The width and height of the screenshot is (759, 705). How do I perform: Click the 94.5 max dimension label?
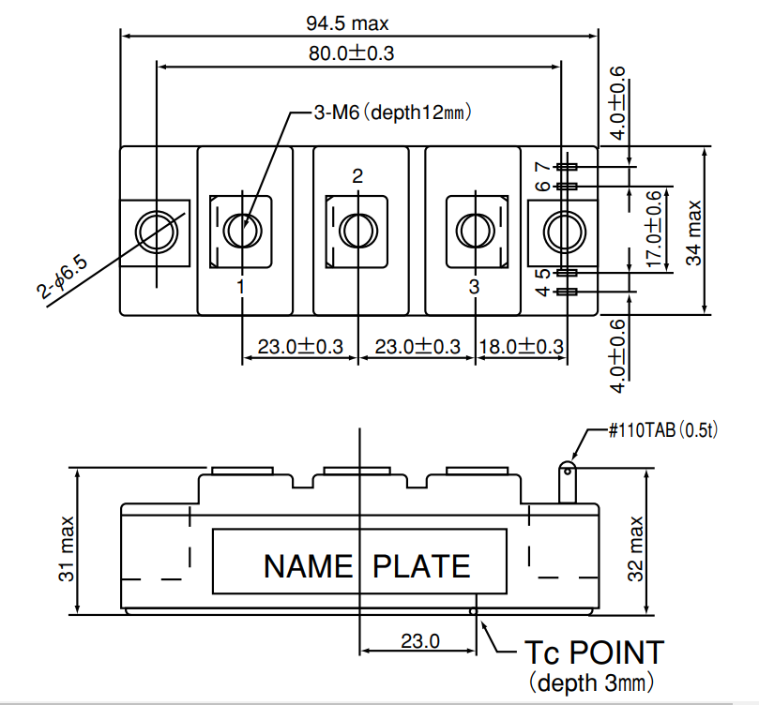(347, 23)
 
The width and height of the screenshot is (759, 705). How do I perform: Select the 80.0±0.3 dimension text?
(352, 52)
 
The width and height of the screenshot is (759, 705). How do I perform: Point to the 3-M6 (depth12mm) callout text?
(392, 112)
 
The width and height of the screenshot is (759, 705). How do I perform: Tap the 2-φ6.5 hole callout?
(63, 277)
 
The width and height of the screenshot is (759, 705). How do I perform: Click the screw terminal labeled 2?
(358, 231)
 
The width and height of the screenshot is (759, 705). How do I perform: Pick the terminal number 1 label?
(240, 287)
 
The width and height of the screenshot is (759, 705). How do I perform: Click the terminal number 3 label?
(474, 287)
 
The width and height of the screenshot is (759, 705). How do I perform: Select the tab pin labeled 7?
(567, 167)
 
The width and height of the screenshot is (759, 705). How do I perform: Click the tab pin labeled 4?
(567, 292)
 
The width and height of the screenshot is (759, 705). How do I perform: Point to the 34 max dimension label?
(693, 232)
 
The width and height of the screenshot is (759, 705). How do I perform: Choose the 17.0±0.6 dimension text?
(654, 229)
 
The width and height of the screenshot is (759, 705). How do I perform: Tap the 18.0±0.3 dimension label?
(522, 347)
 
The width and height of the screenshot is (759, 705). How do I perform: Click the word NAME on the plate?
(309, 566)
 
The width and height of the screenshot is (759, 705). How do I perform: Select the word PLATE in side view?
(421, 566)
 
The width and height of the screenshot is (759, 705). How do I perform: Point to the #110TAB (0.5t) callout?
(663, 430)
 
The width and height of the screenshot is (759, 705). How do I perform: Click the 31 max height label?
(67, 548)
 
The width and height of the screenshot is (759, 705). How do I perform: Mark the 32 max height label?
(635, 548)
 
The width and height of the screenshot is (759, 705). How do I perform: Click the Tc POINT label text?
(595, 652)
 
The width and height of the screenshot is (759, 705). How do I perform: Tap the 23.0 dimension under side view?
(420, 641)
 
